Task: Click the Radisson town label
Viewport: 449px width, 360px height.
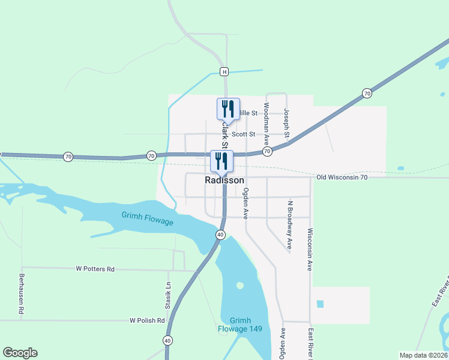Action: pyautogui.click(x=224, y=180)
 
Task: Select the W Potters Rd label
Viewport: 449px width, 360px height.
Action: pyautogui.click(x=95, y=269)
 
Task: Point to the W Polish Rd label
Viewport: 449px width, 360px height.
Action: pyautogui.click(x=147, y=321)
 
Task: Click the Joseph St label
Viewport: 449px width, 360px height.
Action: pyautogui.click(x=287, y=122)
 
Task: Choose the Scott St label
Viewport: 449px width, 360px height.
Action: pyautogui.click(x=244, y=134)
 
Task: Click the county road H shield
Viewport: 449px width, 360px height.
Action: pyautogui.click(x=224, y=72)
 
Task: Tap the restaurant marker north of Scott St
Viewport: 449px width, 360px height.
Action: pyautogui.click(x=228, y=109)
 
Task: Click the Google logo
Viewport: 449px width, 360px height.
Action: pyautogui.click(x=20, y=353)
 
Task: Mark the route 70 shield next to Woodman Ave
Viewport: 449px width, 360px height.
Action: pyautogui.click(x=267, y=152)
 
